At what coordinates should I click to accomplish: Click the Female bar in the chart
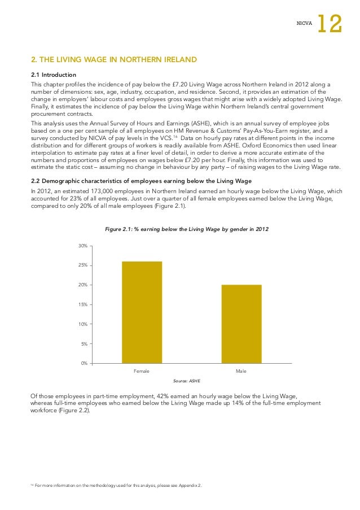pyautogui.click(x=142, y=312)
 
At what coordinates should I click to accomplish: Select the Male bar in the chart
pyautogui.click(x=241, y=324)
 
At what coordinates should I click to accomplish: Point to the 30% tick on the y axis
pyautogui.click(x=82, y=246)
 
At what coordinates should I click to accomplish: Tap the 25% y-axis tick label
pyautogui.click(x=82, y=265)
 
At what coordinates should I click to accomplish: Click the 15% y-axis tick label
pyautogui.click(x=82, y=304)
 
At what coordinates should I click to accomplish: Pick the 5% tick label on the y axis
pyautogui.click(x=84, y=343)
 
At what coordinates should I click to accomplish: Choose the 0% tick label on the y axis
pyautogui.click(x=84, y=363)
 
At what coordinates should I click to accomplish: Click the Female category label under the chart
pyautogui.click(x=141, y=371)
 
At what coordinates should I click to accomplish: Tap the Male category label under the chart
pyautogui.click(x=241, y=371)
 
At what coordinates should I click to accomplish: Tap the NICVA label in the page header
pyautogui.click(x=304, y=24)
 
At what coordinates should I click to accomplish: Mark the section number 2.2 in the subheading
pyautogui.click(x=36, y=181)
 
